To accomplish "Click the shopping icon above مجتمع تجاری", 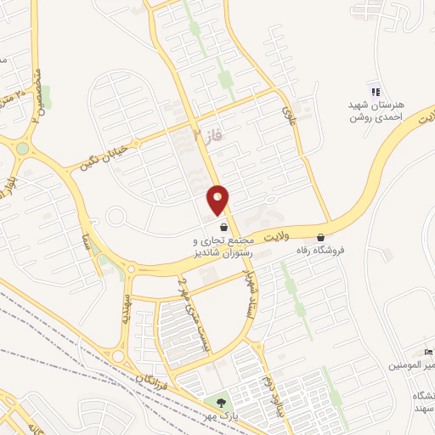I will pos(223,227).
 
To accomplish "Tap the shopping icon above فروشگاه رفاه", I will pos(320,237).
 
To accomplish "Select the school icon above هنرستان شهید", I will pos(373,91).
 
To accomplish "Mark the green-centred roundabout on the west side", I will pos(22,149).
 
